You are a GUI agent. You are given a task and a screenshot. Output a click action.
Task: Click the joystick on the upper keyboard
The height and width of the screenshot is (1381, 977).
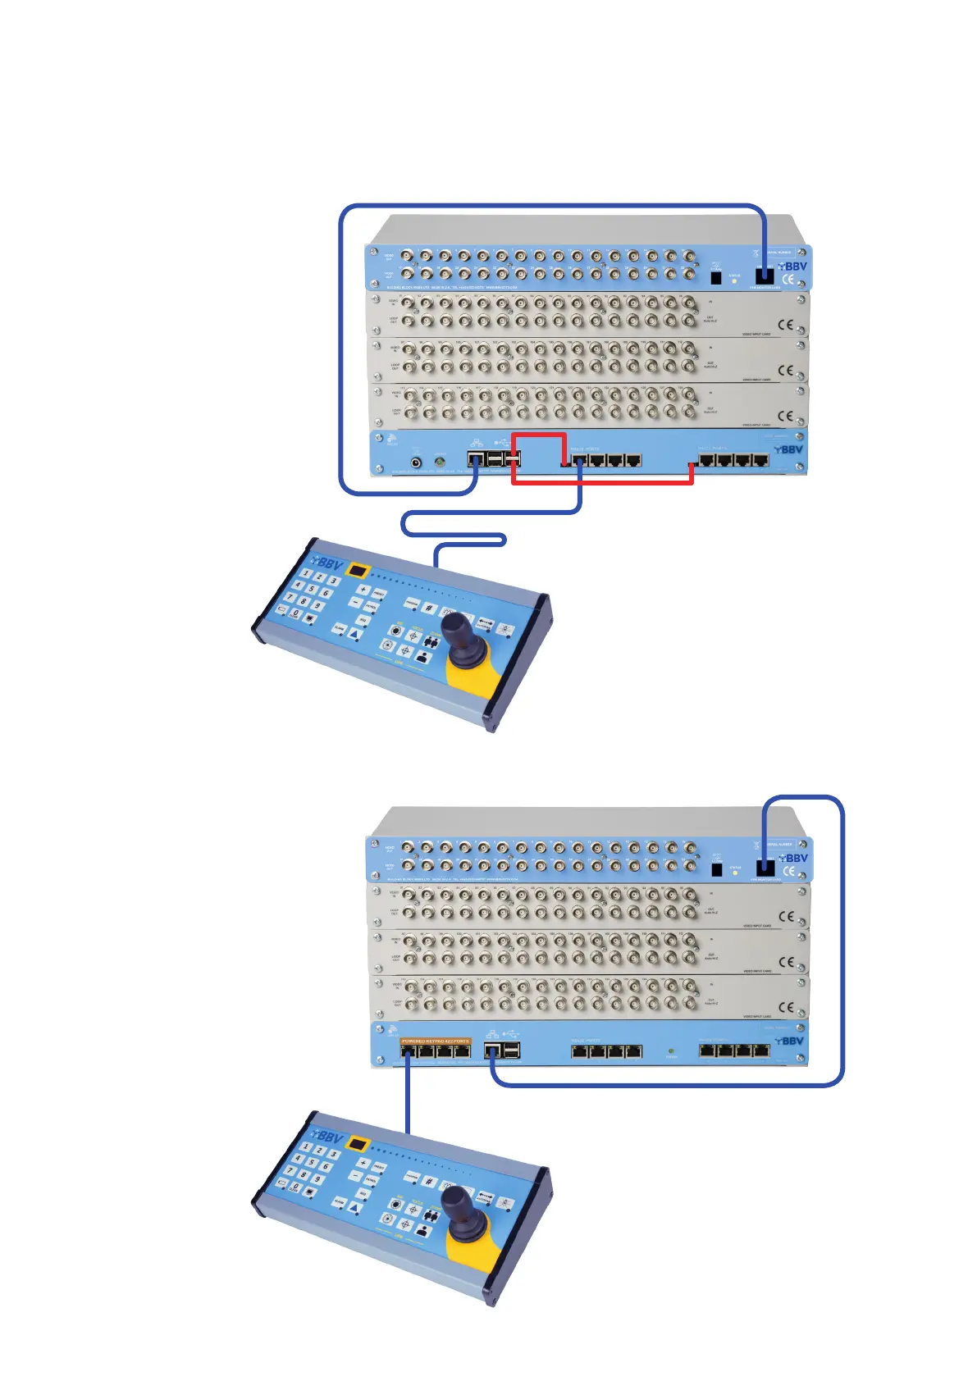(x=454, y=630)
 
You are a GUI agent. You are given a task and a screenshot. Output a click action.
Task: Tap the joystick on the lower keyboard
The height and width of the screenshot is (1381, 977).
(x=454, y=1203)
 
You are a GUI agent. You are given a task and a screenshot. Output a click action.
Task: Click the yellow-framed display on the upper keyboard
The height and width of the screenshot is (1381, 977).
(x=358, y=570)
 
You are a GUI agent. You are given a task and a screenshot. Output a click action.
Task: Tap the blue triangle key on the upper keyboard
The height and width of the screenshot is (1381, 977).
(x=354, y=634)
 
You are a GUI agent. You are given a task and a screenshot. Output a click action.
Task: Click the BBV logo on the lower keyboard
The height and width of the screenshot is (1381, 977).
(x=328, y=1137)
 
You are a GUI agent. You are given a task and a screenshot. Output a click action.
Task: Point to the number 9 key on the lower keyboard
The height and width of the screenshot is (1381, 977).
(x=317, y=1179)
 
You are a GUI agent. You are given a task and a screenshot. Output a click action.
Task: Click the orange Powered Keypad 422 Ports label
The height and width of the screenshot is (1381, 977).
(x=436, y=1041)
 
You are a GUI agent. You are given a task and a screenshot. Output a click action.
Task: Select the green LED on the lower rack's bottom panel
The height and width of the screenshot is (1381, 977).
(x=672, y=1050)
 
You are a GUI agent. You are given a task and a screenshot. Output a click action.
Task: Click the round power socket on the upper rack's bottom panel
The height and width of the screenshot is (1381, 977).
(x=416, y=462)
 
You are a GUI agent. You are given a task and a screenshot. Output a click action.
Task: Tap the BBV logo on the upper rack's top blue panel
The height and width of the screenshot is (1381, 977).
(x=793, y=267)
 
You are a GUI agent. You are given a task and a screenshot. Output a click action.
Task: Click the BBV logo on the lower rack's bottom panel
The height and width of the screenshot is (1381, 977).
(x=789, y=1041)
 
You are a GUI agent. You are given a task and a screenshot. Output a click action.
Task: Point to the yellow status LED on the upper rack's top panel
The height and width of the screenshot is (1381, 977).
(x=734, y=280)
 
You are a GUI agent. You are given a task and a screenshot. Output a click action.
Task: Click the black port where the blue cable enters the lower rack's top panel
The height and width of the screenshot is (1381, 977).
(x=765, y=867)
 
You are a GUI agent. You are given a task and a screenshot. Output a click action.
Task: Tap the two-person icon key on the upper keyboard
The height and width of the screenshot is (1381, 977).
(x=421, y=657)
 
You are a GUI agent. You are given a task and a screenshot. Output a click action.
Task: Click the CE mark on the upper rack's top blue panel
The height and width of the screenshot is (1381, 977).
(x=788, y=280)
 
